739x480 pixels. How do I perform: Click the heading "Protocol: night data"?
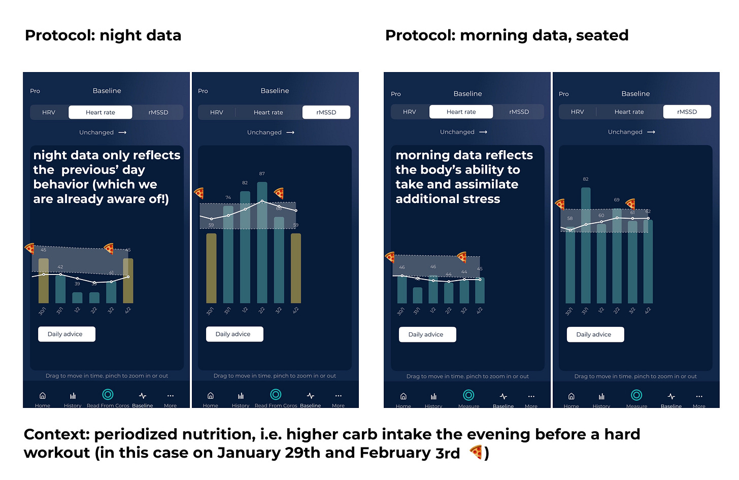point(103,35)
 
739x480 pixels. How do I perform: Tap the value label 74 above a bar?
point(228,197)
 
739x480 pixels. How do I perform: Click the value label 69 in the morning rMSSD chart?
point(617,200)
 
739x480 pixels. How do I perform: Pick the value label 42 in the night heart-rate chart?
point(60,267)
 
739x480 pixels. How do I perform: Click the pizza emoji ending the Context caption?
point(476,452)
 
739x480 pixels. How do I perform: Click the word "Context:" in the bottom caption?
point(56,434)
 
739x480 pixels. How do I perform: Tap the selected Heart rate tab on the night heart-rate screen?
point(100,112)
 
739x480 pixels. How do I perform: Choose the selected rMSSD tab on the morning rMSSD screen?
point(687,112)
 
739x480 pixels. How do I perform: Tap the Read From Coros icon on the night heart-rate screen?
point(108,395)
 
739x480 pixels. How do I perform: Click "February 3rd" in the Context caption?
point(410,453)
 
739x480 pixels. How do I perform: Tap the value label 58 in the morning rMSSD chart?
point(570,218)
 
